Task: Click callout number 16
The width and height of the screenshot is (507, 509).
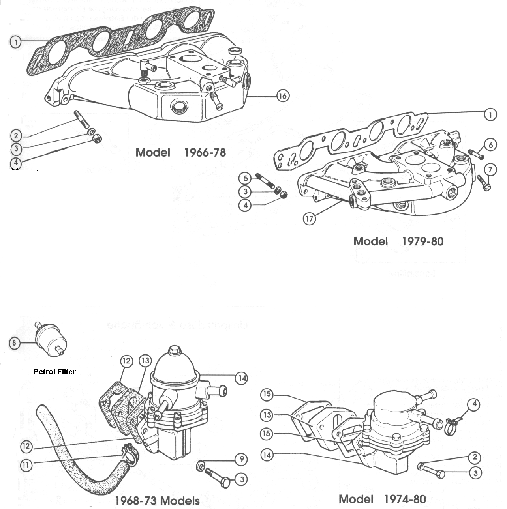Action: point(283,96)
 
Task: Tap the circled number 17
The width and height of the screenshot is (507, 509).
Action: point(309,219)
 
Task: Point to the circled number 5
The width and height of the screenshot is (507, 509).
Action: point(245,178)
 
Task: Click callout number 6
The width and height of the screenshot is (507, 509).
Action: point(490,145)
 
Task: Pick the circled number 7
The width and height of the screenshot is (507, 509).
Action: point(490,170)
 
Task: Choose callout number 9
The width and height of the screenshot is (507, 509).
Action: point(241,459)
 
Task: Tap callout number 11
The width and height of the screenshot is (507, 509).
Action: point(26,465)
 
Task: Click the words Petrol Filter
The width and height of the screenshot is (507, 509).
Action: point(54,371)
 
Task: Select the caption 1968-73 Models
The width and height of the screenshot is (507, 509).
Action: point(157,501)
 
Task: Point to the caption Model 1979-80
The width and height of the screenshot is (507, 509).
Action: point(398,241)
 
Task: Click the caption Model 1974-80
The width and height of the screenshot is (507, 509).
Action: point(382,499)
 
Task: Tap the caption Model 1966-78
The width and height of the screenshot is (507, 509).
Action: point(180,152)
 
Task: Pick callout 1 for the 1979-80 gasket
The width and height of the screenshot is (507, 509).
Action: point(490,114)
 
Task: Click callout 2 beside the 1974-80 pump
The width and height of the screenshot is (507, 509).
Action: point(475,457)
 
